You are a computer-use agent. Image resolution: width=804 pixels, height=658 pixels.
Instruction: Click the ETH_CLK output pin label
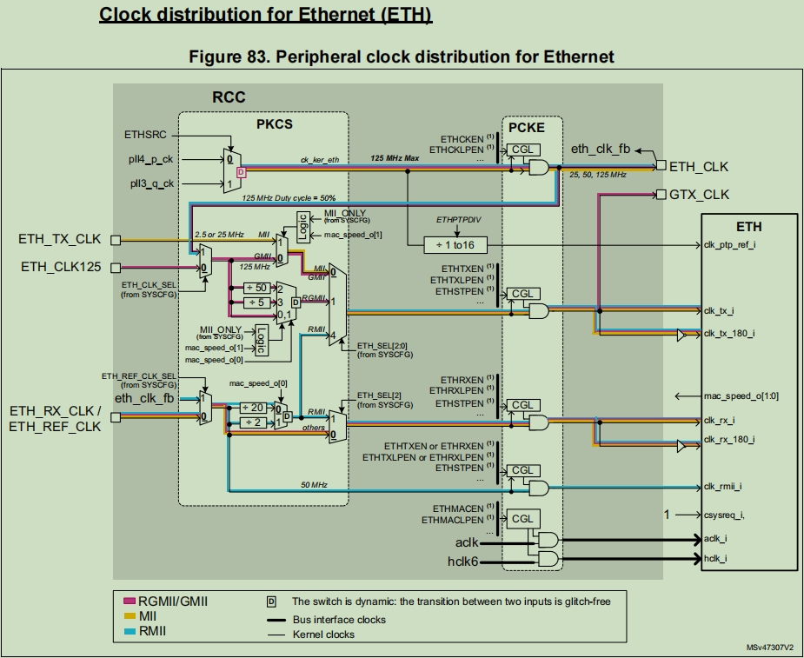(698, 166)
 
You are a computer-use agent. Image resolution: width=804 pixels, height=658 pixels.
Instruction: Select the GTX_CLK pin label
(700, 194)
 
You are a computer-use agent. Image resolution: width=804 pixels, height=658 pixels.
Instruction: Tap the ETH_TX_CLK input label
(60, 239)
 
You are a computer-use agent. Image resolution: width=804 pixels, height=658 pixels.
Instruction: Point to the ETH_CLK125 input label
(62, 267)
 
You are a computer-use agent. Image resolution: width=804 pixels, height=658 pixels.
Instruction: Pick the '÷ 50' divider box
(256, 288)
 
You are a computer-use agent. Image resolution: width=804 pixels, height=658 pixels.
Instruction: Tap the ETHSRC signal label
(145, 135)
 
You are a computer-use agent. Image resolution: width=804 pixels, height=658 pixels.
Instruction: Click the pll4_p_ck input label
(150, 159)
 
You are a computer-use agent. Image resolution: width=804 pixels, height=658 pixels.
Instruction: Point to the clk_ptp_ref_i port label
(730, 244)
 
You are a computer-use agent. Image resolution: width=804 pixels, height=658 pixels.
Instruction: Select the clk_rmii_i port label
(725, 487)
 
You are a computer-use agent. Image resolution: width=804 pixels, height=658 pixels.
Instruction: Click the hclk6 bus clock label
(462, 562)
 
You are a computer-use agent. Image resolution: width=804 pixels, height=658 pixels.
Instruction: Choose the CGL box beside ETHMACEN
(522, 519)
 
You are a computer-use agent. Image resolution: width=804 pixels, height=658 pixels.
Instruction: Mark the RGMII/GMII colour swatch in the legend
(130, 600)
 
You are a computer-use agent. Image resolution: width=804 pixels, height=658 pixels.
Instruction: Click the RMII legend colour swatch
(130, 631)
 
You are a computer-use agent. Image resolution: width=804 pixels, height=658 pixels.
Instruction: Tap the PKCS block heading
(274, 124)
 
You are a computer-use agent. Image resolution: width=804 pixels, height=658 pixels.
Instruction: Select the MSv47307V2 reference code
(770, 648)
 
